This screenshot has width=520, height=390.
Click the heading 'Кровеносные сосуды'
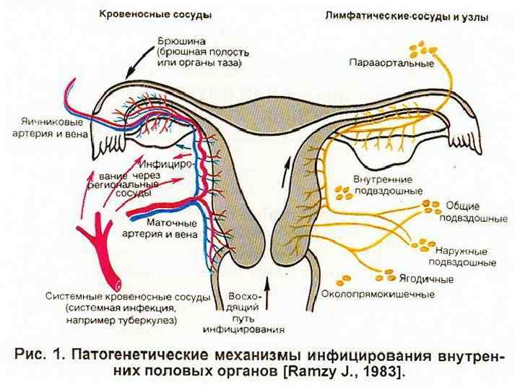click(x=150, y=14)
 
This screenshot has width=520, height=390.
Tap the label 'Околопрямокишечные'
click(x=378, y=294)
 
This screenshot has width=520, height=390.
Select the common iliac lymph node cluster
click(x=433, y=206)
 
